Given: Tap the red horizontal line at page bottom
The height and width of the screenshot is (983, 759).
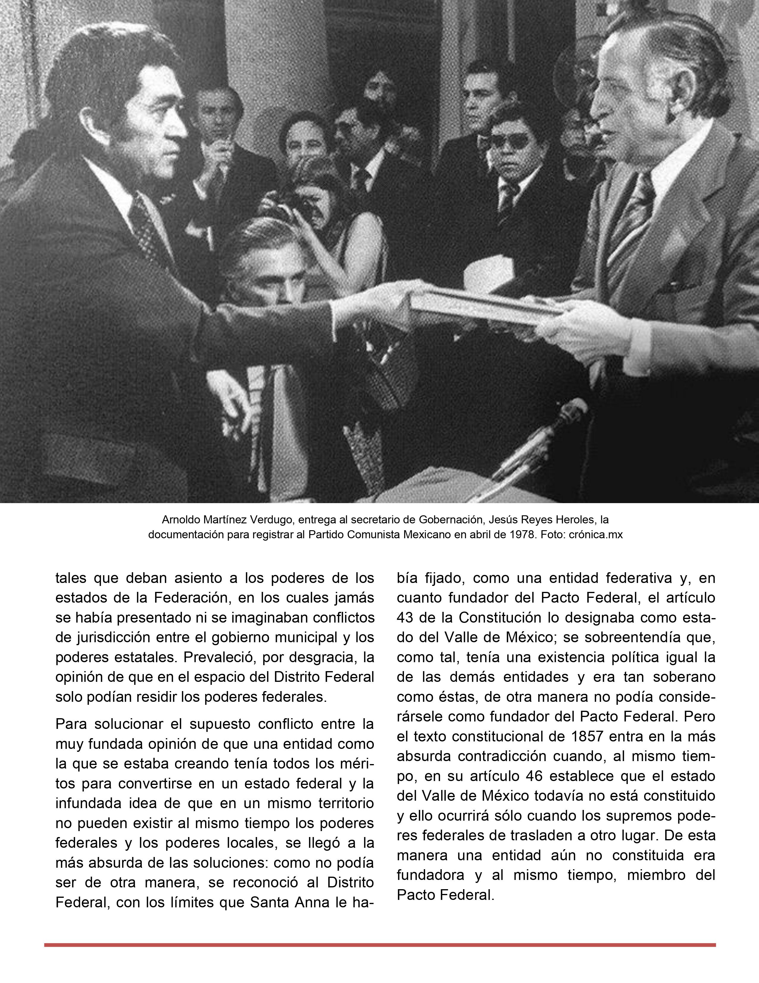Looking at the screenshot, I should [x=379, y=944].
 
